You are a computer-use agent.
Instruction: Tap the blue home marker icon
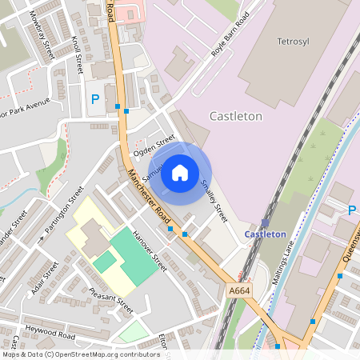(x=180, y=172)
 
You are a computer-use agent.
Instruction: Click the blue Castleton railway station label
(x=265, y=234)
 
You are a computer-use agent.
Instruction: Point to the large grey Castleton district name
(x=235, y=116)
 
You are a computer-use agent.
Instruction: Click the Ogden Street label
(x=154, y=145)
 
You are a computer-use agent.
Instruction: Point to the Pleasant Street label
(x=111, y=302)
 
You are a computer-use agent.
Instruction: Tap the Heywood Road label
(x=50, y=332)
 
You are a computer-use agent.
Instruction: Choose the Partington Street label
(x=64, y=210)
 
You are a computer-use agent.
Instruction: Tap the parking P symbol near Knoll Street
(x=95, y=99)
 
